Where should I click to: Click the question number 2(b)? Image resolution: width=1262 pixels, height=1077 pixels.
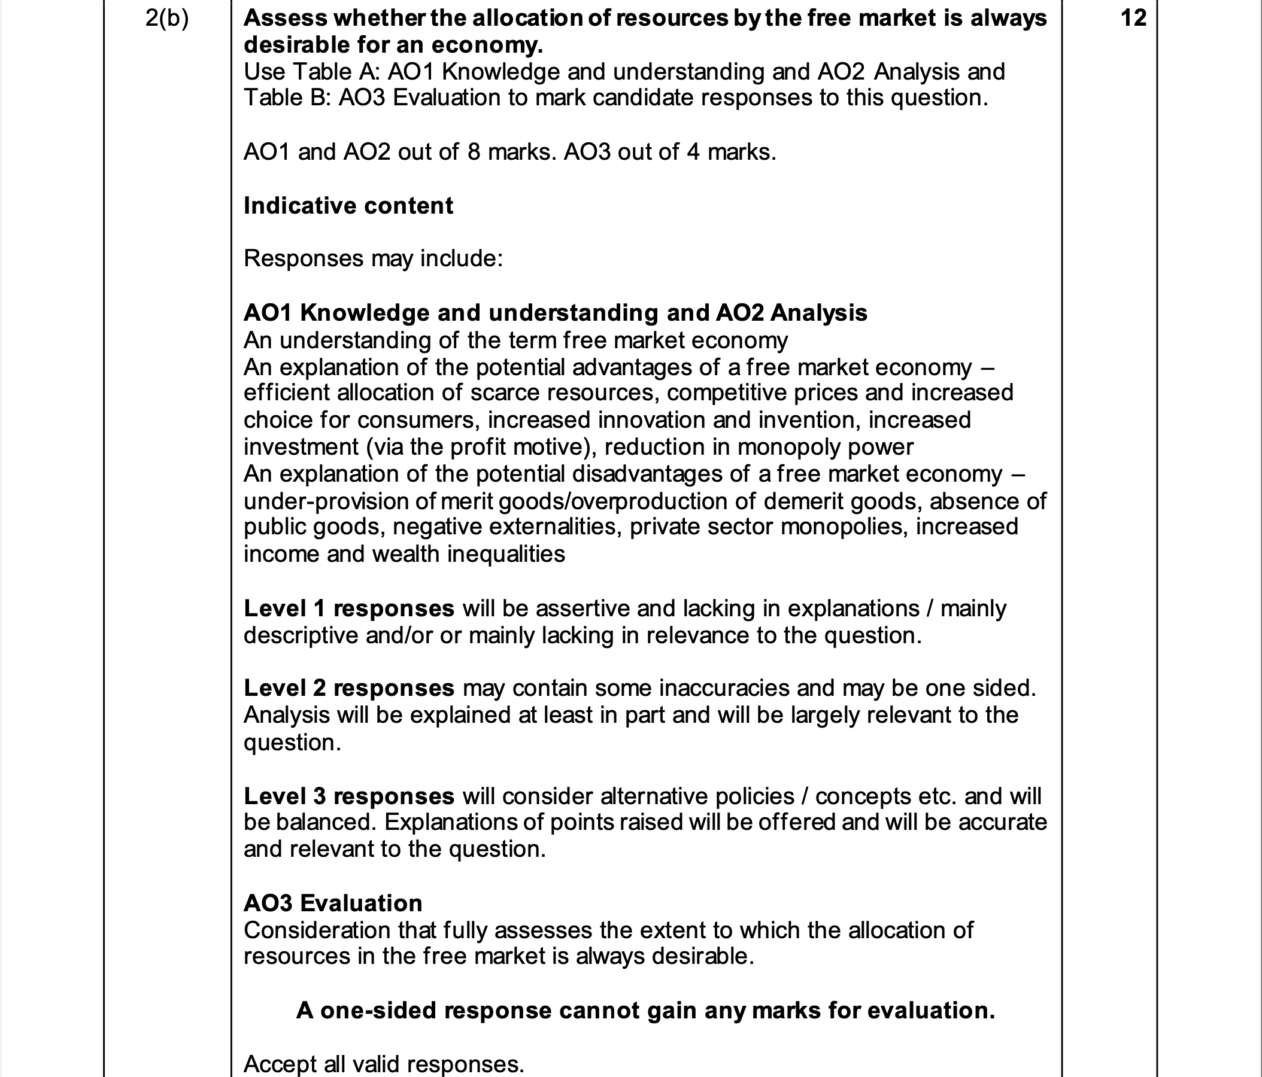point(167,19)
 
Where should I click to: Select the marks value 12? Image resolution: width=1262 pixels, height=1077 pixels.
point(1133,18)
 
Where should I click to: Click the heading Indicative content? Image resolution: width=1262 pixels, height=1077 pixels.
point(348,206)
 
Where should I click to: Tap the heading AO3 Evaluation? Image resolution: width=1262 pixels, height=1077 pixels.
point(332,903)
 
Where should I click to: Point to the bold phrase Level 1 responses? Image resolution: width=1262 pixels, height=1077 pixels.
point(348,609)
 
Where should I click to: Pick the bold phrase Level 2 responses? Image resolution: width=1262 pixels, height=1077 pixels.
point(348,688)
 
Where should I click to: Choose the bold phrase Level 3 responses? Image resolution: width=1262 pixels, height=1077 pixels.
point(348,796)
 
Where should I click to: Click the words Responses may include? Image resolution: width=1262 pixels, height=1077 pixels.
point(373,258)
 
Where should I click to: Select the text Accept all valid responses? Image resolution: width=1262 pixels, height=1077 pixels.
point(384,1064)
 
